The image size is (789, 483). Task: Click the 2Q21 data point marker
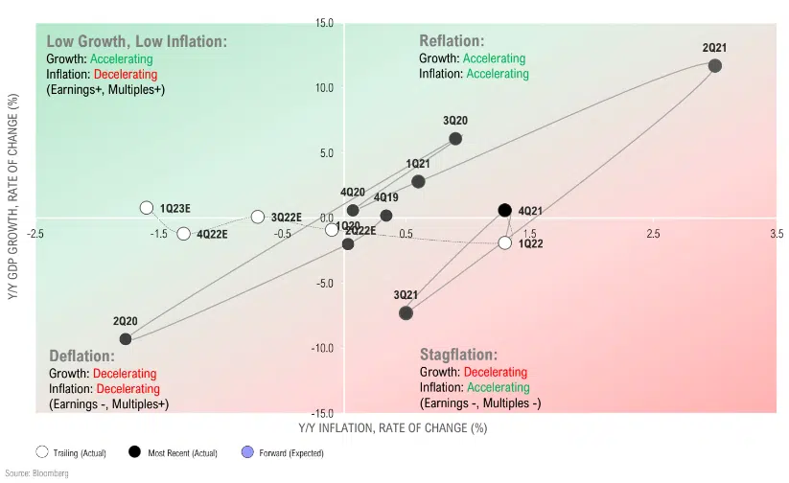[x=714, y=65]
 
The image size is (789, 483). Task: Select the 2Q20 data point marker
[x=126, y=338]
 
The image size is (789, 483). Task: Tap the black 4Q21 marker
[x=505, y=210]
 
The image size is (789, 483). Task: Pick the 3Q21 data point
[x=406, y=312]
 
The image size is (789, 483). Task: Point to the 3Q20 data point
[x=455, y=139]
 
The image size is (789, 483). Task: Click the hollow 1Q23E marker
[x=147, y=208]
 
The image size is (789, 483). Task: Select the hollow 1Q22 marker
[x=505, y=242]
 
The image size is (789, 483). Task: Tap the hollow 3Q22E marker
[x=257, y=218]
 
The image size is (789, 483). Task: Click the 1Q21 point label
[x=418, y=165]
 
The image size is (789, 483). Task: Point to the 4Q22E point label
[x=212, y=235]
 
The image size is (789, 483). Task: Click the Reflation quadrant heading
[x=452, y=41]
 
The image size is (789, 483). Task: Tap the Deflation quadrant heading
[x=82, y=356]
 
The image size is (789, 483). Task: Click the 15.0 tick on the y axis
[x=323, y=22]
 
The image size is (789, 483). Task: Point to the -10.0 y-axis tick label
[x=319, y=347]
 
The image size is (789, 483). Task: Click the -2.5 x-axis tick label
[x=36, y=234]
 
